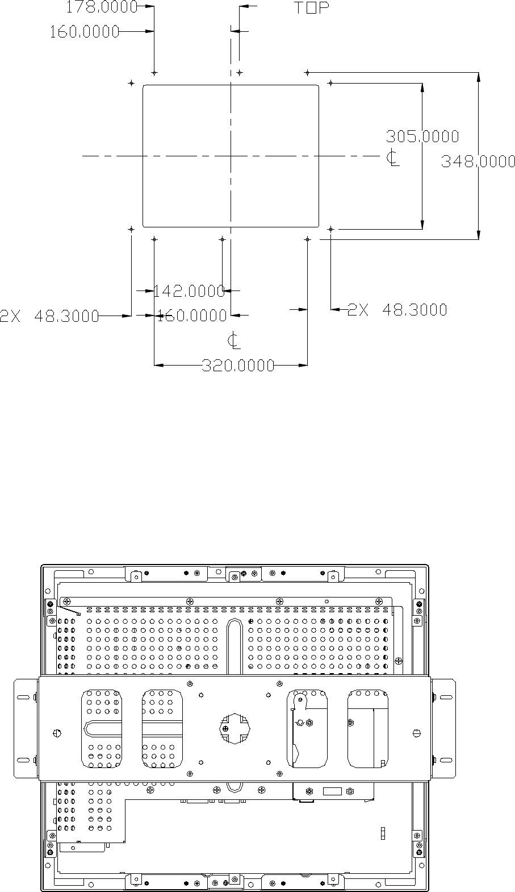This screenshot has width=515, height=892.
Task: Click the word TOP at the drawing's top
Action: pyautogui.click(x=312, y=8)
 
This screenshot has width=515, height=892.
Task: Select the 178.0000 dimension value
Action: pyautogui.click(x=102, y=7)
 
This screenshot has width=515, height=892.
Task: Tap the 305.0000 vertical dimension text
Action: pyautogui.click(x=422, y=136)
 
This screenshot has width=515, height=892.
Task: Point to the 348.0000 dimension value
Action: pyautogui.click(x=478, y=161)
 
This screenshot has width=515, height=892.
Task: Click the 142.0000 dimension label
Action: pyautogui.click(x=189, y=291)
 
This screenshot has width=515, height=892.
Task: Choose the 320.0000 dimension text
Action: pyautogui.click(x=238, y=366)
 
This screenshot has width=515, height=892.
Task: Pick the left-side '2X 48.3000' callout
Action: pyautogui.click(x=49, y=316)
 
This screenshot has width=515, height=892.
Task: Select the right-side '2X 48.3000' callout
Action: pyautogui.click(x=397, y=309)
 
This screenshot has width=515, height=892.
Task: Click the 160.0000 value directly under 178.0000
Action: pyautogui.click(x=84, y=31)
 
